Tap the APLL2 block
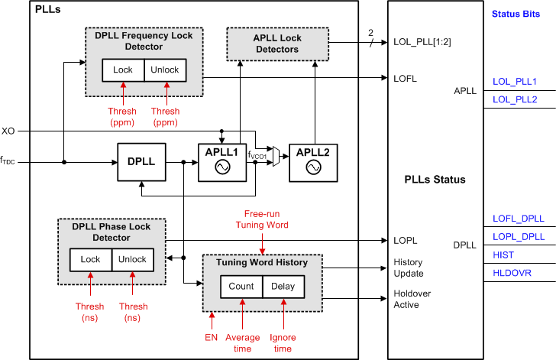[313, 162]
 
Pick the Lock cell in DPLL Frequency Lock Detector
[123, 70]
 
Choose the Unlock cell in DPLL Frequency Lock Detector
[164, 70]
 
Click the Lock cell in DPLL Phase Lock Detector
[90, 260]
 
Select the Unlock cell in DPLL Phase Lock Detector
[132, 260]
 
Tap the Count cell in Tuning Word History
[241, 287]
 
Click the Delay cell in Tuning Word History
[283, 287]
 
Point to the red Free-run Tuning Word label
[262, 219]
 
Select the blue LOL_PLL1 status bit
[514, 80]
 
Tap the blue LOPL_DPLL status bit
[518, 237]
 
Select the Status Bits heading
[517, 13]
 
